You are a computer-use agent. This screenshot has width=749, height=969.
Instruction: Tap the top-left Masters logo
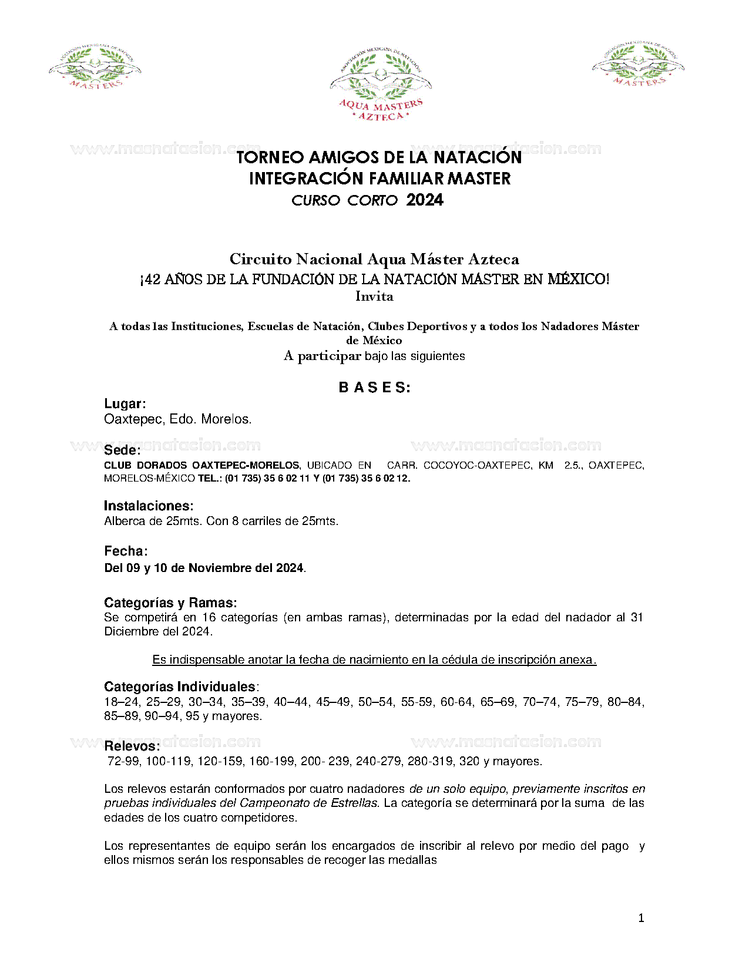click(95, 66)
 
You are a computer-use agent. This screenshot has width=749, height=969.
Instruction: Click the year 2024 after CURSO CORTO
click(425, 200)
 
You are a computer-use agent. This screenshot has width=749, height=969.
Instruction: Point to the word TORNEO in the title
click(270, 157)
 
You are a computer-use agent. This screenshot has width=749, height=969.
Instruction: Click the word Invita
click(374, 297)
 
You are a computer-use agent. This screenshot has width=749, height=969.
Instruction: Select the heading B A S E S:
click(374, 388)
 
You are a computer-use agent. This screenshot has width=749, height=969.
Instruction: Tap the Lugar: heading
click(125, 403)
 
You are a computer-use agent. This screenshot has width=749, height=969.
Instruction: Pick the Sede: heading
click(122, 450)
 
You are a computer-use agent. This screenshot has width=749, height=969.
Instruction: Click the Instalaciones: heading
click(149, 506)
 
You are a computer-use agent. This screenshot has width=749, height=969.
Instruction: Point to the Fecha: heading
click(126, 551)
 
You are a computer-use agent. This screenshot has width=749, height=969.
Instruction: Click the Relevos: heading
click(132, 746)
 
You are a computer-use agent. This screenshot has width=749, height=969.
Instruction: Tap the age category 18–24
click(122, 702)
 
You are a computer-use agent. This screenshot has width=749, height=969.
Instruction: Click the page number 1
click(641, 918)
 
